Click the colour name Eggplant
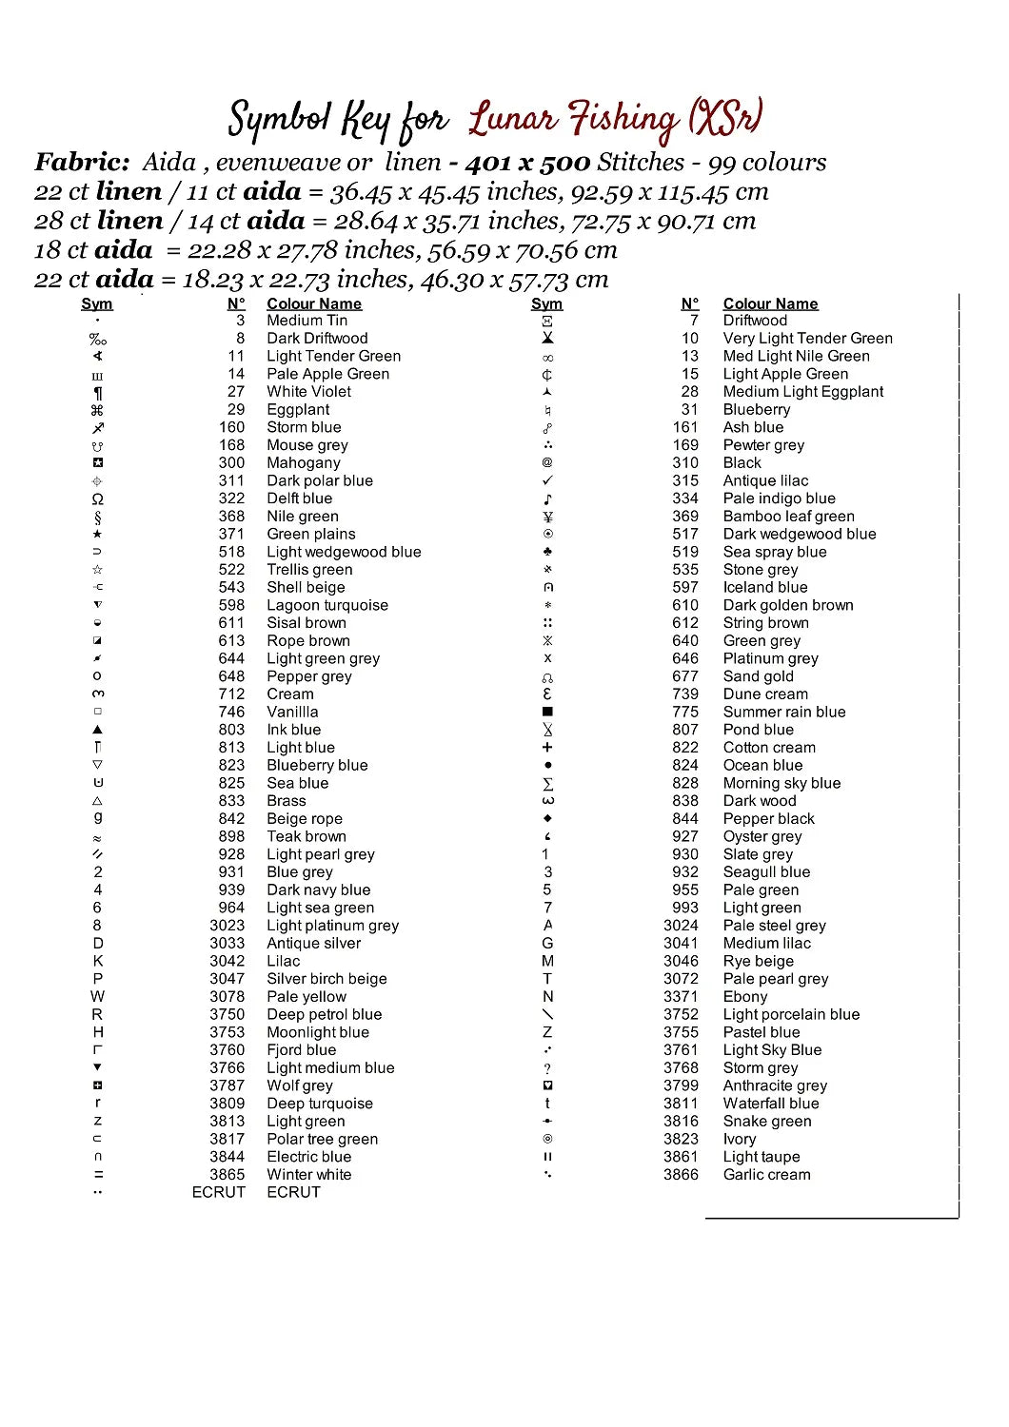(298, 410)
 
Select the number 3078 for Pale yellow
(228, 997)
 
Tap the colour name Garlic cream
(766, 1175)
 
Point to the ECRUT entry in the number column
(218, 1193)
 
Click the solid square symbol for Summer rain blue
(547, 712)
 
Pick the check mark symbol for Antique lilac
(547, 480)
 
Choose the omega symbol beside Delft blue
(97, 498)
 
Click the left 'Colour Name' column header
(314, 304)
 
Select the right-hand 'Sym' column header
(546, 304)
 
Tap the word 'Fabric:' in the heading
(82, 163)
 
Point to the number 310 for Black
(685, 463)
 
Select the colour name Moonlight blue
(318, 1033)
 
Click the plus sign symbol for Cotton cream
(547, 748)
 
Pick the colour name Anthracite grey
(775, 1086)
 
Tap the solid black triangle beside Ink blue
(97, 730)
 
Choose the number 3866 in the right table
(681, 1175)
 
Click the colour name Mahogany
(304, 463)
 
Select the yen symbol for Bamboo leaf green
(547, 517)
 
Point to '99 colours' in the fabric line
(766, 163)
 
